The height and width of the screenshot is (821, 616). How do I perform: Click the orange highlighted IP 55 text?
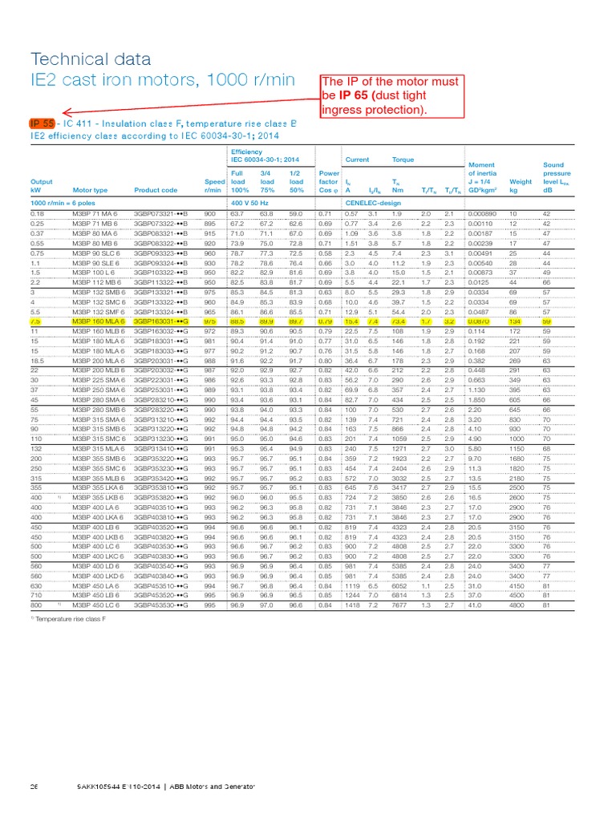pyautogui.click(x=43, y=123)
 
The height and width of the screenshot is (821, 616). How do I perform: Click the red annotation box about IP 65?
pyautogui.click(x=390, y=95)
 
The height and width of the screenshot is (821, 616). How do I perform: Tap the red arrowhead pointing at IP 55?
pyautogui.click(x=65, y=114)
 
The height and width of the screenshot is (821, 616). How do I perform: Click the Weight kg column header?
pyautogui.click(x=521, y=186)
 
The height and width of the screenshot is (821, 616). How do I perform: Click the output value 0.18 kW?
pyautogui.click(x=37, y=214)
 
